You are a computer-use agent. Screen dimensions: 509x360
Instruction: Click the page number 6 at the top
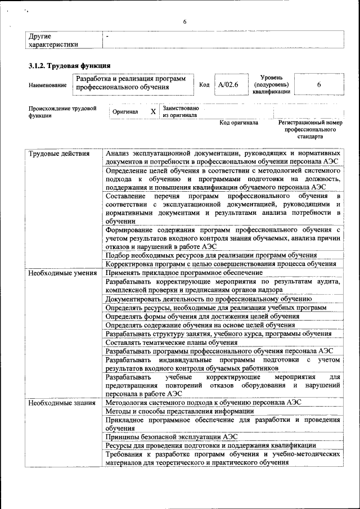tap(183, 21)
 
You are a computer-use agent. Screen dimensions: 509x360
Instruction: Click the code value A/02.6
tap(228, 84)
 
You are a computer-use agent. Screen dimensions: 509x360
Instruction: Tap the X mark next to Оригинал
tap(153, 111)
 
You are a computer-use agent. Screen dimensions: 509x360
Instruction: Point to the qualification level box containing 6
tap(318, 84)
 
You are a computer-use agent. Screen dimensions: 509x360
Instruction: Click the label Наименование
tap(48, 85)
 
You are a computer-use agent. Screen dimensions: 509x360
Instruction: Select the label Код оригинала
tap(238, 122)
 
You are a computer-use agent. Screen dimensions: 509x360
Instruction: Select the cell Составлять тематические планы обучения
tap(172, 342)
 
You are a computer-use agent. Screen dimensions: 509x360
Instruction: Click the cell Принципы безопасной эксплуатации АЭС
tap(172, 436)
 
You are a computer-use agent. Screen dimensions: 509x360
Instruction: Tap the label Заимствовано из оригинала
tap(180, 111)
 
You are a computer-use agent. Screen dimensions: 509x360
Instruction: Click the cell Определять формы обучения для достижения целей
tap(202, 316)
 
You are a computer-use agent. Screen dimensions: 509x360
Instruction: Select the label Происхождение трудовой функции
tap(62, 111)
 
